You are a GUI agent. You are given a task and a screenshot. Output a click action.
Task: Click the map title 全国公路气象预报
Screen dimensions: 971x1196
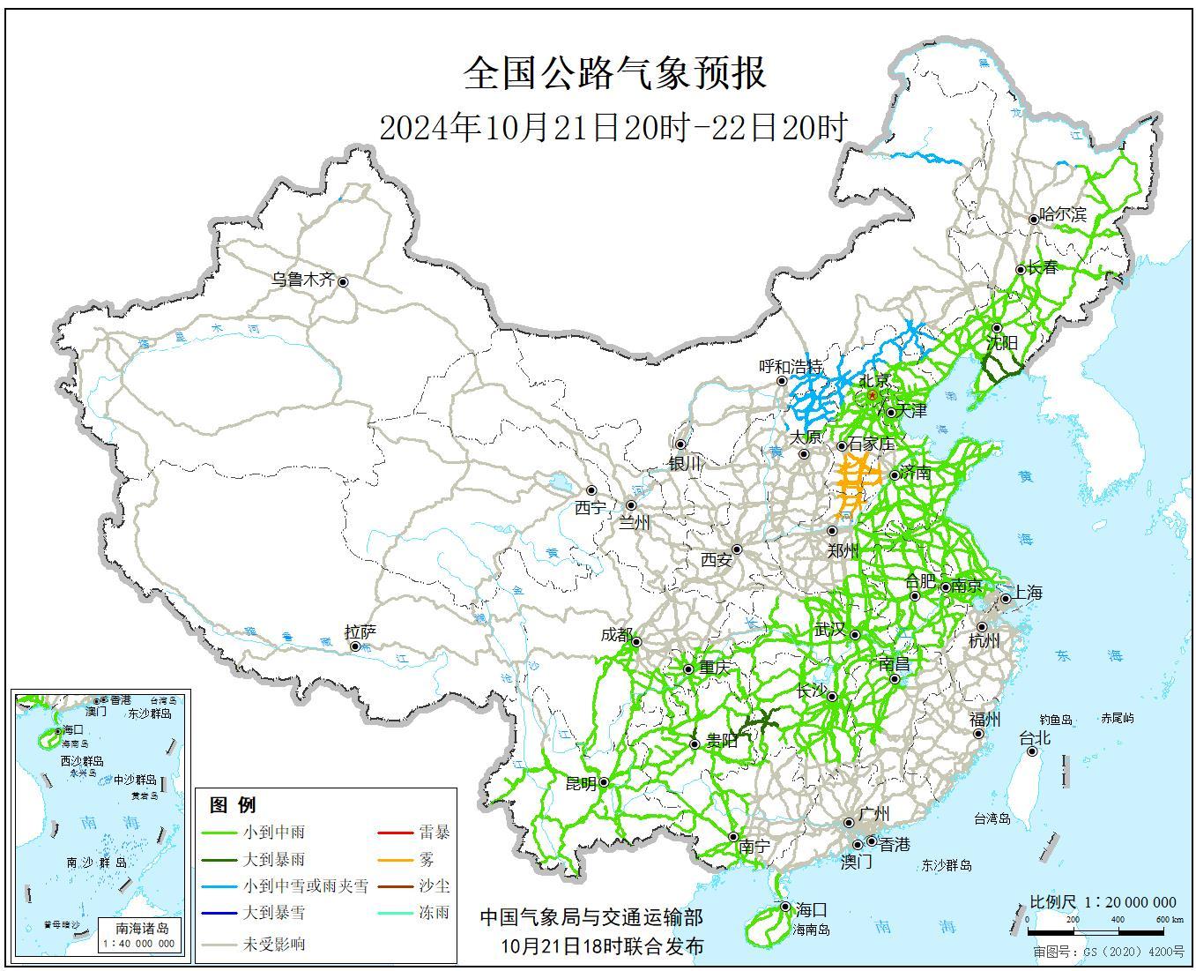click(614, 73)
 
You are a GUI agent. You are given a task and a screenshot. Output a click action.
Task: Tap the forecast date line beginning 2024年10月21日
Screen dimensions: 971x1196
click(613, 128)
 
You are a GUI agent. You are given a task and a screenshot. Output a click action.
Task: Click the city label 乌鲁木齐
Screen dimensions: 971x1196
click(302, 280)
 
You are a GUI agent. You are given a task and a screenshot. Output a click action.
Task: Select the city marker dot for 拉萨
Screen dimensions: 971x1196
click(355, 646)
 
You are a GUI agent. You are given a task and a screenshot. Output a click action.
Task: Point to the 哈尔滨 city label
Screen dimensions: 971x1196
click(1063, 214)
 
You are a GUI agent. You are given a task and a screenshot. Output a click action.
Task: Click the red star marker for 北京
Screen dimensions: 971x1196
click(873, 396)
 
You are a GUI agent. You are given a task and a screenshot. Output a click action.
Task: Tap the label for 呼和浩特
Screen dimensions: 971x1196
click(791, 365)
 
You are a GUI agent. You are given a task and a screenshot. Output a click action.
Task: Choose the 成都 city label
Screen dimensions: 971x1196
click(616, 635)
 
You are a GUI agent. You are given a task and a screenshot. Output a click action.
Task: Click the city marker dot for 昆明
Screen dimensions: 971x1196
click(605, 782)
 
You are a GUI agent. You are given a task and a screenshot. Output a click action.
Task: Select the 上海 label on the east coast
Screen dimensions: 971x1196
click(1028, 593)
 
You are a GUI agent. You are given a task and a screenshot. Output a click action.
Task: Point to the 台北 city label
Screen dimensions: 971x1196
click(1035, 737)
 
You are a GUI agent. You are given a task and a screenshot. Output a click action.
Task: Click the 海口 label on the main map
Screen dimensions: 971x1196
click(811, 909)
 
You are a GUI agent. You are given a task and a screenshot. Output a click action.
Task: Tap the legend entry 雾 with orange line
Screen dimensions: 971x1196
click(427, 859)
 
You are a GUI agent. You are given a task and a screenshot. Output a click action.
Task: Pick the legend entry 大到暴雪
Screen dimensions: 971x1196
click(273, 913)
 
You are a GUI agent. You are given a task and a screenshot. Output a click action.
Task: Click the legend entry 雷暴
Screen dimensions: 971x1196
click(434, 832)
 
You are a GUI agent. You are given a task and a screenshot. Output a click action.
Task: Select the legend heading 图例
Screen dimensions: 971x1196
click(233, 804)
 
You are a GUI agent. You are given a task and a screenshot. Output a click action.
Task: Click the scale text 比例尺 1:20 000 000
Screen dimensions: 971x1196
click(1103, 902)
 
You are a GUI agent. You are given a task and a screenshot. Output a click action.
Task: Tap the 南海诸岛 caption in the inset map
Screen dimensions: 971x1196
click(142, 928)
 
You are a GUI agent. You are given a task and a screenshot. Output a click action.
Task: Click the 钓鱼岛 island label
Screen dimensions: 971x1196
click(1055, 720)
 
